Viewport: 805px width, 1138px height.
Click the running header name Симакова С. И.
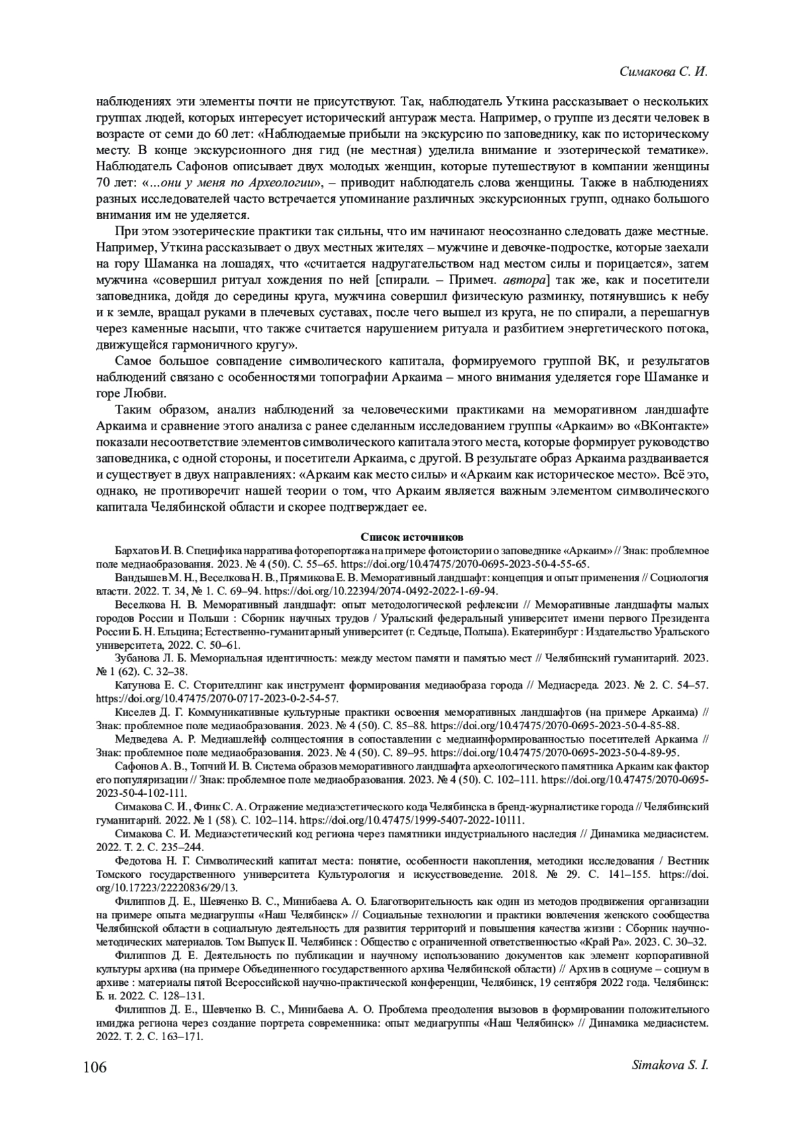[663, 72]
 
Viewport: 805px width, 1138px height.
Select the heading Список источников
[402, 537]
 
